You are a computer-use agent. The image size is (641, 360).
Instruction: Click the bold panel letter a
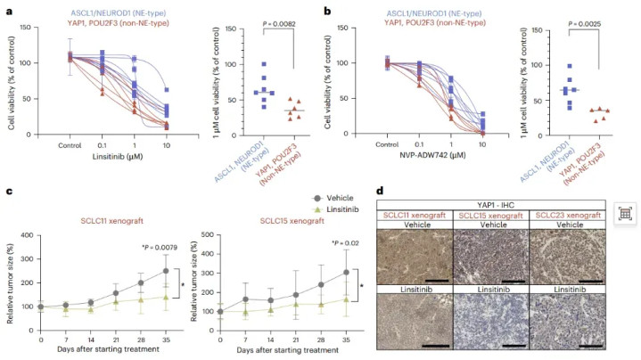[x=8, y=9]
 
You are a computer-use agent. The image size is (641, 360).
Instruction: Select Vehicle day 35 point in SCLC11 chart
[x=165, y=271]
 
